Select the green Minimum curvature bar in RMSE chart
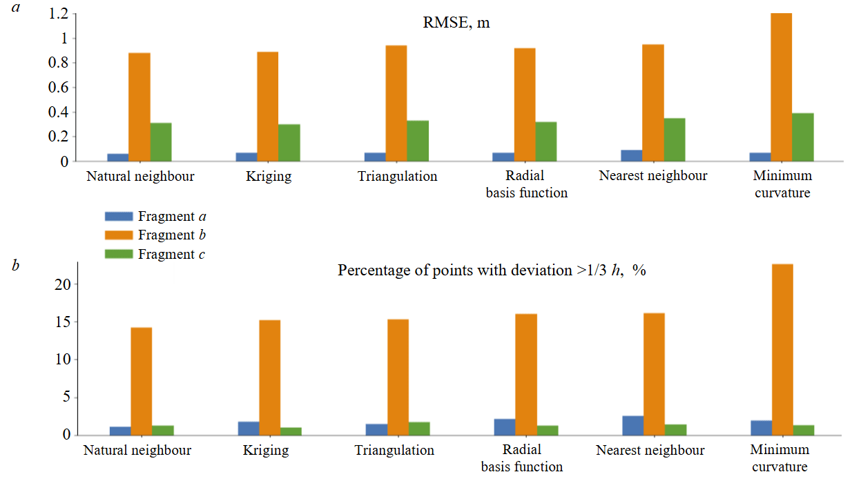[802, 137]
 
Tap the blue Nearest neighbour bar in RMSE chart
[632, 155]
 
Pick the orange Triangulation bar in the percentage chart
[398, 377]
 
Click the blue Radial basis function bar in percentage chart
[505, 426]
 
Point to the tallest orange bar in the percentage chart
[782, 349]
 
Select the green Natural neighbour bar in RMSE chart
[161, 142]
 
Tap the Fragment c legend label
[171, 254]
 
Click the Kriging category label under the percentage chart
[266, 451]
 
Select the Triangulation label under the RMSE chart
[398, 176]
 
